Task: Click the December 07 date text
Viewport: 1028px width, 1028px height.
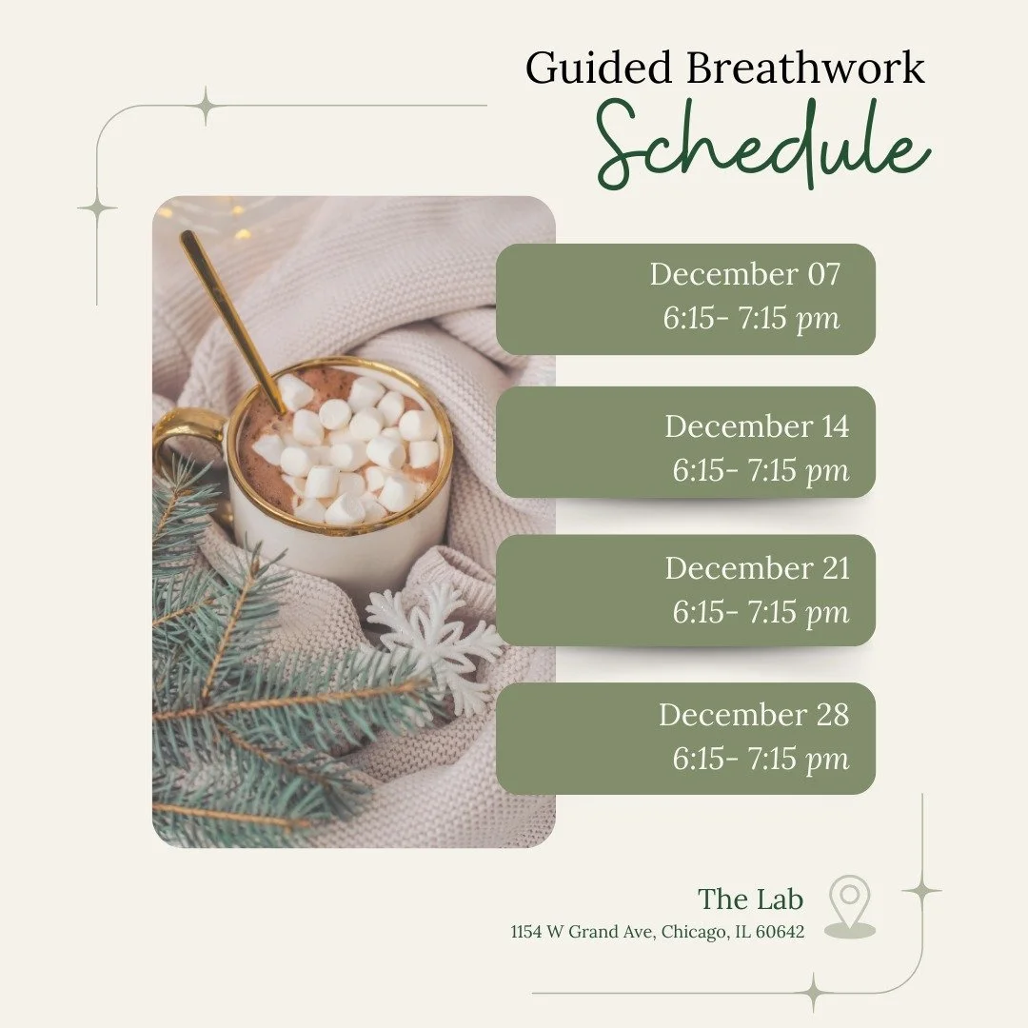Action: point(745,274)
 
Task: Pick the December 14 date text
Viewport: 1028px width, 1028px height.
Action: point(756,425)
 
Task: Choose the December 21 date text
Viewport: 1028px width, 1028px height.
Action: point(756,568)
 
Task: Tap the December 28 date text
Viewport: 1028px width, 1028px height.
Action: point(753,715)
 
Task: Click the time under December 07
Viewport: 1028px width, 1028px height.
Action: point(752,319)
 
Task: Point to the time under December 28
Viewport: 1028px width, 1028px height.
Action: point(761,760)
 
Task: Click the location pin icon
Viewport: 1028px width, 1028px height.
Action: point(849,906)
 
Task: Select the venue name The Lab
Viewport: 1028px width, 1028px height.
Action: point(750,899)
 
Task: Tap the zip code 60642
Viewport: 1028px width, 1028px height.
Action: point(780,933)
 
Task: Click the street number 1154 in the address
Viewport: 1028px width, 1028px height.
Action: point(525,933)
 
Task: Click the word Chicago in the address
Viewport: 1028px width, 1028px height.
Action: point(691,933)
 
